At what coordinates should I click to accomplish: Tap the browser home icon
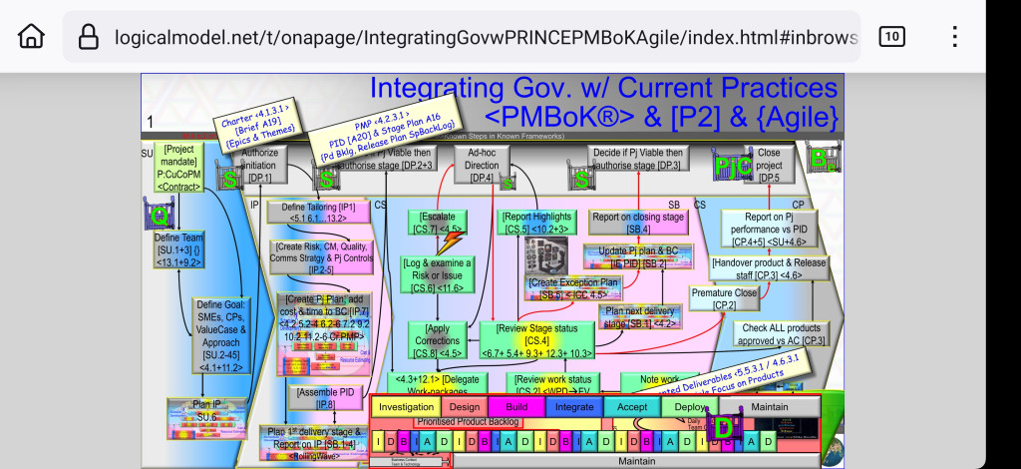tap(31, 37)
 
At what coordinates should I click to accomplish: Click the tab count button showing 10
tap(891, 37)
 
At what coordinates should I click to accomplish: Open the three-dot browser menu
tap(954, 37)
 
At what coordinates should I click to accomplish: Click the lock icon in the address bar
tap(89, 37)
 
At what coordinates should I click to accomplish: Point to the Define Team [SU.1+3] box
tap(178, 243)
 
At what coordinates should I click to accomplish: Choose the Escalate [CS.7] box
tap(437, 223)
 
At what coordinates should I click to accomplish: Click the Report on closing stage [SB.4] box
tap(638, 223)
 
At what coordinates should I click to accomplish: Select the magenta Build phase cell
tap(515, 407)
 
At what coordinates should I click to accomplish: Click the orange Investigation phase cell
tap(406, 407)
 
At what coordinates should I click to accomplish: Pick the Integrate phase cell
tap(574, 407)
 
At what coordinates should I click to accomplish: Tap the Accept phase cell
tap(632, 407)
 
